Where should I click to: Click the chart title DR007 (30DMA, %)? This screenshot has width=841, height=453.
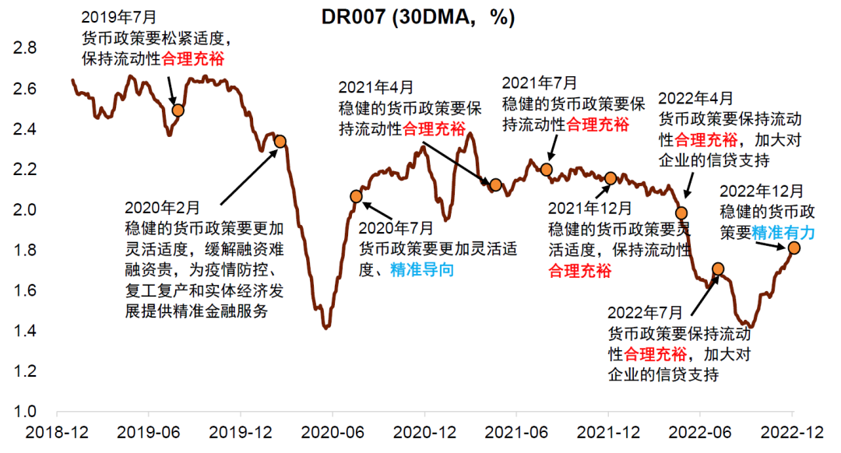tap(419, 18)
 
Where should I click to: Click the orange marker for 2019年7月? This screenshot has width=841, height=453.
tap(178, 110)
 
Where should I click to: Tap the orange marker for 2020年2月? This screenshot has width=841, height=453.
tap(280, 141)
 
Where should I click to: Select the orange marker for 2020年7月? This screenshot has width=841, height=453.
tap(356, 196)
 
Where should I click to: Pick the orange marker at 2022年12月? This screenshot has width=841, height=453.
tap(793, 248)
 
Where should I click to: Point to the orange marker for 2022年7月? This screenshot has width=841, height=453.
tap(718, 269)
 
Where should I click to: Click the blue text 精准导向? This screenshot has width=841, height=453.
tap(421, 269)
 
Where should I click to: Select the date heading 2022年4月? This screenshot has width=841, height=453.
tap(695, 99)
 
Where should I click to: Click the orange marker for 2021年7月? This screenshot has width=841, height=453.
tap(546, 169)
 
